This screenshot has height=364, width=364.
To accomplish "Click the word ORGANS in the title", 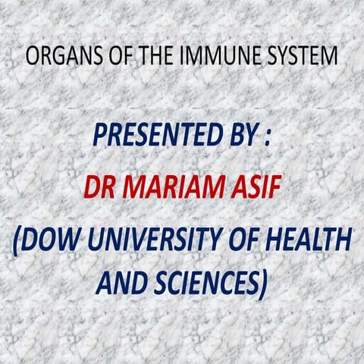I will point(56,56).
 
